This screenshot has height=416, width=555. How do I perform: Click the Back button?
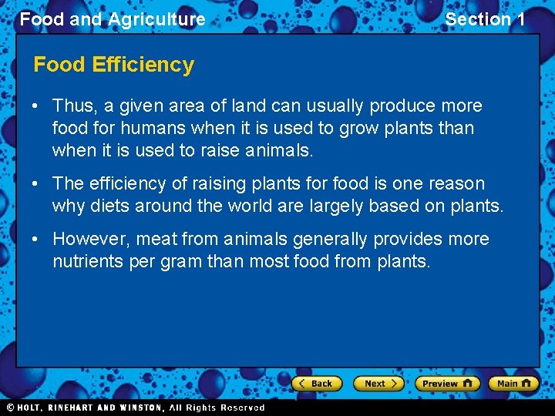coord(316,384)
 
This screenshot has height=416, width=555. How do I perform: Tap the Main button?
coord(513,384)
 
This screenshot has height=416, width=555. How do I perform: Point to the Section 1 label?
coord(485,19)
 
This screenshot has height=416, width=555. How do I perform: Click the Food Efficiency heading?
coord(113,65)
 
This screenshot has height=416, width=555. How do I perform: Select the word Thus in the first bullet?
coord(72,106)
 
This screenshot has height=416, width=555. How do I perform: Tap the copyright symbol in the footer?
coord(11,408)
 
